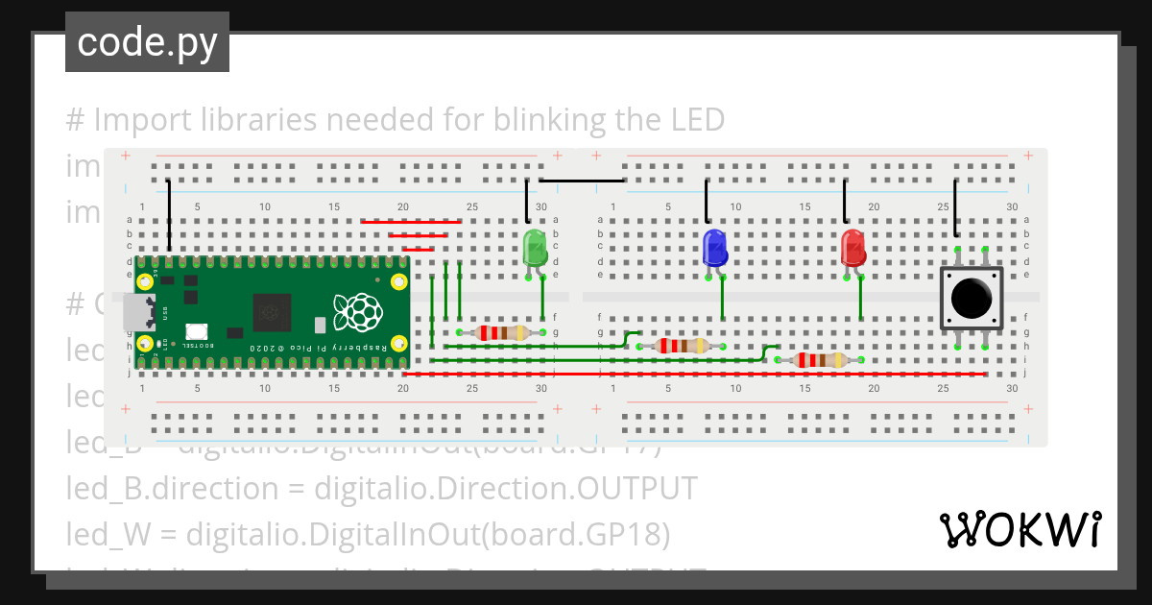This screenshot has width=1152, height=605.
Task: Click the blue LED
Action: coord(714,248)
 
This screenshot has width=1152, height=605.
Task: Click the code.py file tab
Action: coord(147,42)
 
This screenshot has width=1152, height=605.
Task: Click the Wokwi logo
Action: coord(1020,530)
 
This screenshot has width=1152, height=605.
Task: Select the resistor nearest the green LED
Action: coord(500,333)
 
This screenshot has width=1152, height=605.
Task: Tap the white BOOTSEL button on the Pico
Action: coord(198,331)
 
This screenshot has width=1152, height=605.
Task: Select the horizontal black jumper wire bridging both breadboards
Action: coord(582,181)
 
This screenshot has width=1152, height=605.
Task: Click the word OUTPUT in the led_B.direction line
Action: coord(636,488)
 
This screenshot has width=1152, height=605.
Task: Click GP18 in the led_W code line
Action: coord(627,533)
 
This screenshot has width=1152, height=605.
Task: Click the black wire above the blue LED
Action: coord(707,201)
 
